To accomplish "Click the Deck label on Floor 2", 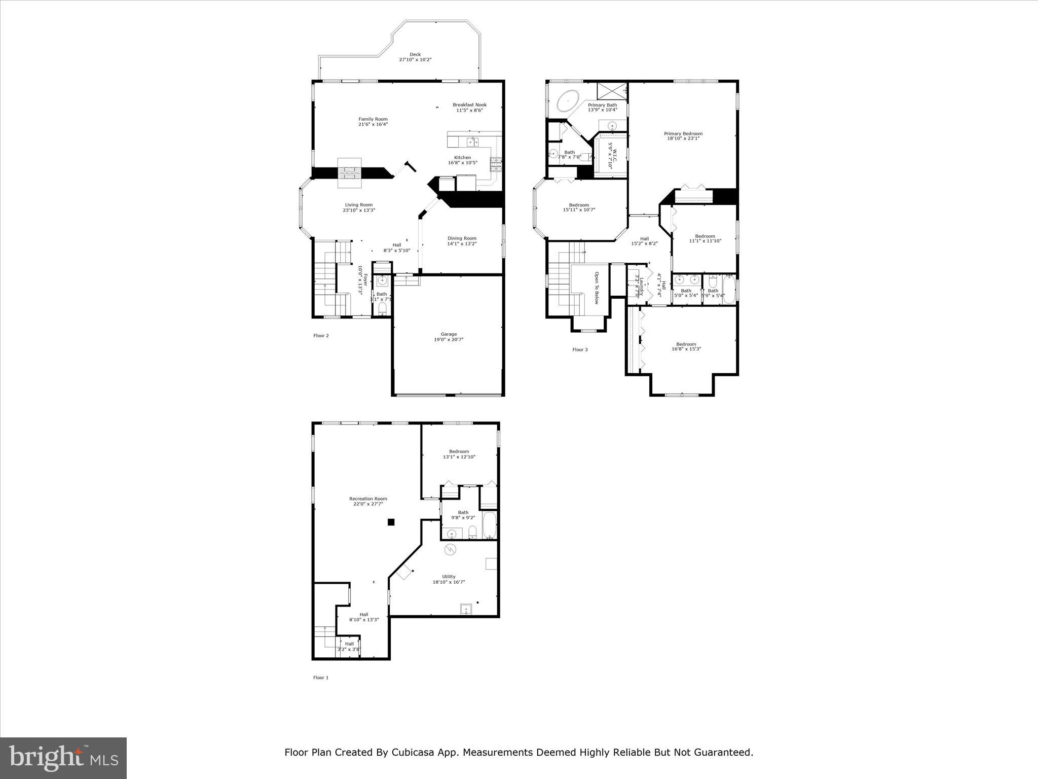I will point(415,54).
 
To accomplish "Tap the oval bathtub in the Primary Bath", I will point(569,101).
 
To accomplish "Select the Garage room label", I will point(449,334).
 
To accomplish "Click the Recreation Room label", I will point(368,499).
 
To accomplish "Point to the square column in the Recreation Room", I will point(391,522).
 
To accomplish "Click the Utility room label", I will point(449,577).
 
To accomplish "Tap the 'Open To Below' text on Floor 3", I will point(597,288).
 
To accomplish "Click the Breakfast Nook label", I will point(469,105).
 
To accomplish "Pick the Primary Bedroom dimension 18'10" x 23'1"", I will point(683,138).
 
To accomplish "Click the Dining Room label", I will point(462,238).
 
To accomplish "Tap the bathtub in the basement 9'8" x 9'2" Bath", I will point(490,525).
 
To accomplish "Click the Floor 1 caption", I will point(321,678).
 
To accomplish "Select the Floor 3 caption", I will point(580,349).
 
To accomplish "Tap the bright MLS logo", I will point(63,758).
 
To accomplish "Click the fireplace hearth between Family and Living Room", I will point(350,178).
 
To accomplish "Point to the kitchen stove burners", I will point(495,163).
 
